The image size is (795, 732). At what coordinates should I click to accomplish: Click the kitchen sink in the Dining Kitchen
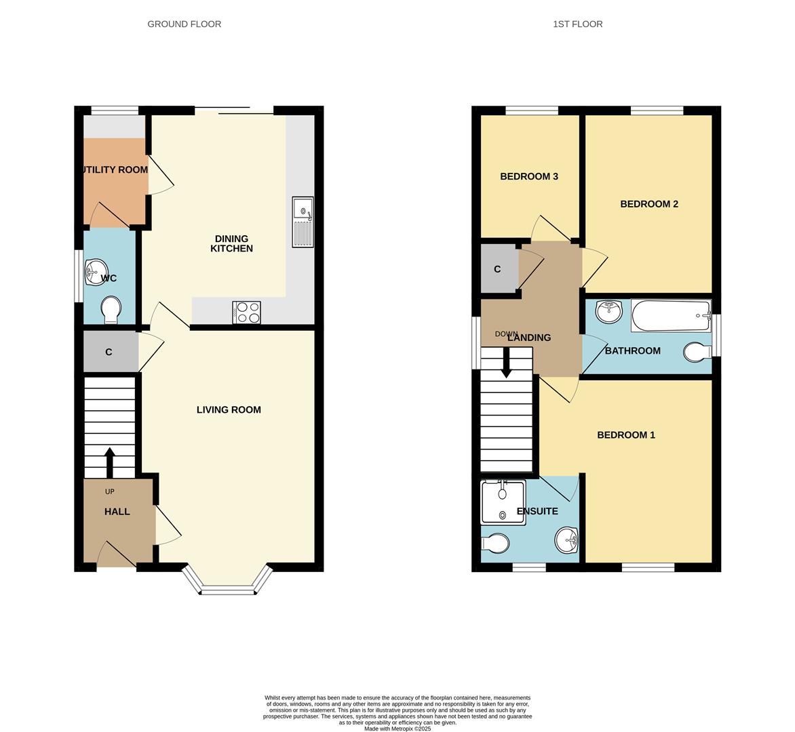click(303, 222)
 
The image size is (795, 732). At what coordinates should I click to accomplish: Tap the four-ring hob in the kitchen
click(246, 312)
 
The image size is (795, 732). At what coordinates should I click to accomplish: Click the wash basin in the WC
click(97, 272)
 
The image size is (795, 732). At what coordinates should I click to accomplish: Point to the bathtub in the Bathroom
click(670, 316)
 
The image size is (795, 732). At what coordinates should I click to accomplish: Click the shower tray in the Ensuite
click(503, 502)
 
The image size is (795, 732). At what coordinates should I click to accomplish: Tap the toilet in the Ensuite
click(495, 543)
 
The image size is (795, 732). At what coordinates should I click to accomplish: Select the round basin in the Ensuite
click(567, 540)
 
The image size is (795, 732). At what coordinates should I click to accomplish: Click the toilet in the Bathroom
click(697, 352)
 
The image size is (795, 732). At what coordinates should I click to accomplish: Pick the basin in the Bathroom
click(608, 312)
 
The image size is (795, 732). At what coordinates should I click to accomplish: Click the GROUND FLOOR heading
click(184, 24)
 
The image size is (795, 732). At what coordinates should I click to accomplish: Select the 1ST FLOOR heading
click(577, 24)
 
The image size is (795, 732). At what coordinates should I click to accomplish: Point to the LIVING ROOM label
click(229, 409)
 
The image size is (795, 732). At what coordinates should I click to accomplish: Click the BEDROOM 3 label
click(528, 176)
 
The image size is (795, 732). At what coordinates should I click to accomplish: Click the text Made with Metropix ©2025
click(397, 729)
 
